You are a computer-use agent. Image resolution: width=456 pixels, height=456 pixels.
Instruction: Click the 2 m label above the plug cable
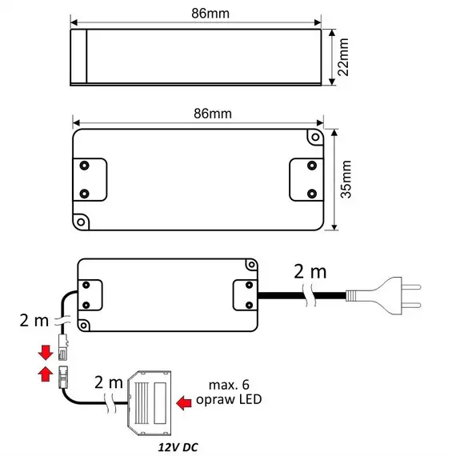point(310,272)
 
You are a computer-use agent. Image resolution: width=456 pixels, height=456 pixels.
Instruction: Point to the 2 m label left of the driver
point(34,321)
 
